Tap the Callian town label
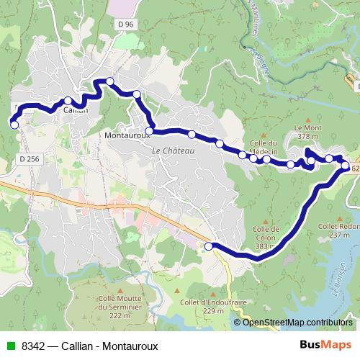(76, 111)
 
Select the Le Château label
(169, 150)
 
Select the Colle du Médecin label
(263, 147)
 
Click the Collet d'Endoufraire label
(204, 306)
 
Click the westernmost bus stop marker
(14, 125)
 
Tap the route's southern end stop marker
(209, 246)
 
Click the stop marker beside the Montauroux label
(149, 130)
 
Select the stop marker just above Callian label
(68, 101)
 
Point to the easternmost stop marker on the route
(346, 166)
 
